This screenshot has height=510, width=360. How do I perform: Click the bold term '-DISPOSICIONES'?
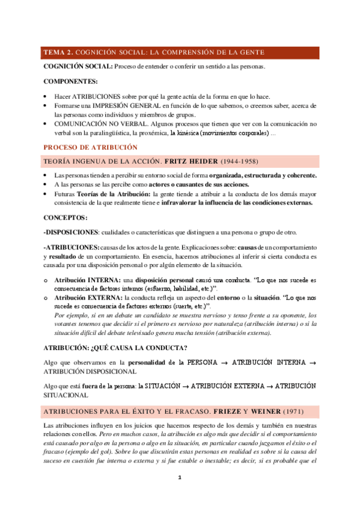[71, 233]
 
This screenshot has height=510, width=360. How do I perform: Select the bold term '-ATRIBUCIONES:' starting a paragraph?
[72, 247]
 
